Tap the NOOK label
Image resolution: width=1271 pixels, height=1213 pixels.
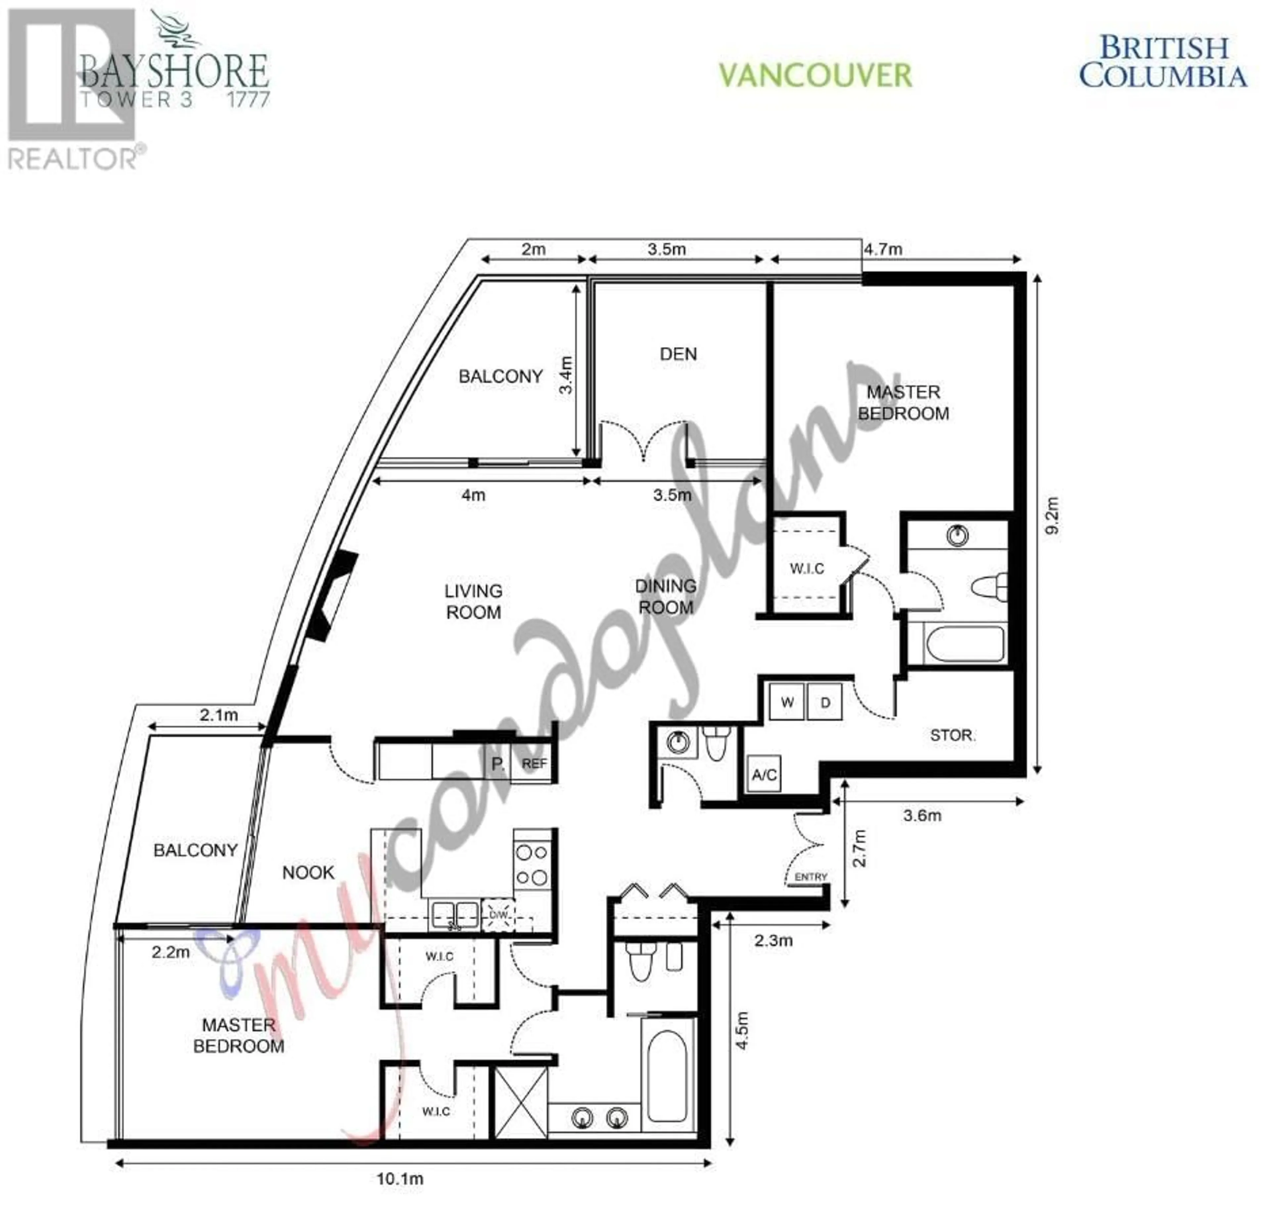pos(308,873)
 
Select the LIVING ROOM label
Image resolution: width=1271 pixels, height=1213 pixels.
pos(473,601)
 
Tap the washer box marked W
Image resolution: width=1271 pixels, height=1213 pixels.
pos(787,702)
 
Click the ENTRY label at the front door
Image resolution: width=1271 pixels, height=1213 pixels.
pos(811,877)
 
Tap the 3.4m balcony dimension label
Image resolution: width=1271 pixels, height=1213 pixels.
pos(566,375)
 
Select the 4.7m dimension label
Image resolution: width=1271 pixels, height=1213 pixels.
pos(883,249)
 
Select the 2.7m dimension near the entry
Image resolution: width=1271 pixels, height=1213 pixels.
pos(859,848)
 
